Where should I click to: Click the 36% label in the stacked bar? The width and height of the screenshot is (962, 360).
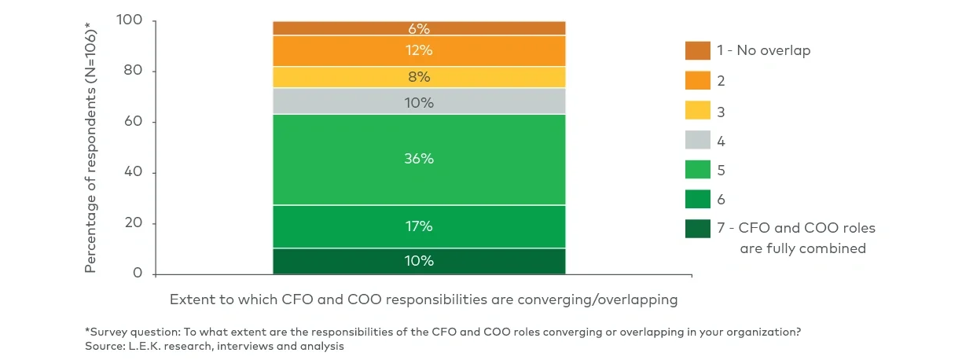[x=419, y=159]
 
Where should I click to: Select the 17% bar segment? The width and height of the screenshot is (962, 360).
[x=419, y=226]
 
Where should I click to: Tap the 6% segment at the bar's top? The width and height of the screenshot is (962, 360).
[x=419, y=29]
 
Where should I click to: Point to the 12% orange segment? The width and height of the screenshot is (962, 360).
[x=419, y=51]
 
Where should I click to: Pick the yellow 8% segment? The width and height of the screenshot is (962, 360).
[x=419, y=77]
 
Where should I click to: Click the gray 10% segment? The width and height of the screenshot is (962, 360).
[x=419, y=102]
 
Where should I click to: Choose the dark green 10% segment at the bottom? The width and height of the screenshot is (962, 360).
[x=419, y=261]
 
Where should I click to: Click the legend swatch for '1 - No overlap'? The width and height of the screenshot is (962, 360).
[x=697, y=50]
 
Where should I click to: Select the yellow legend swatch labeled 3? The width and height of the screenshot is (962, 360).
[x=697, y=111]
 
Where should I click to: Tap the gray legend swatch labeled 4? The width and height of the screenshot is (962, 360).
[x=697, y=141]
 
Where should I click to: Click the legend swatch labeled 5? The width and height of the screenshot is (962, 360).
[x=697, y=170]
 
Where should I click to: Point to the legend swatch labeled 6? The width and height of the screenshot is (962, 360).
[x=697, y=199]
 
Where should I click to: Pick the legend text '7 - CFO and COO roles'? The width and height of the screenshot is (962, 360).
[x=795, y=229]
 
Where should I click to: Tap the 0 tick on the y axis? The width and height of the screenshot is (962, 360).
[x=138, y=274]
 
